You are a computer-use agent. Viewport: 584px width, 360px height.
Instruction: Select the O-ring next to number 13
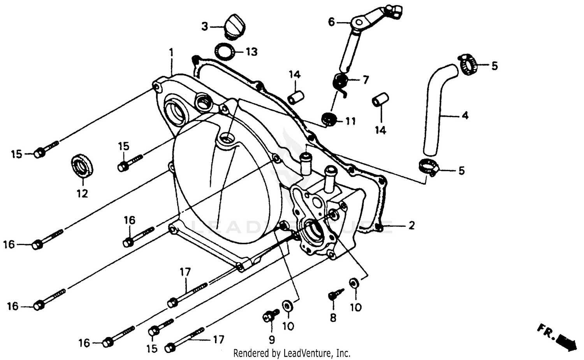tap(225, 51)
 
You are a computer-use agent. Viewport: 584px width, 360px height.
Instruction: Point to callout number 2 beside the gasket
tap(411, 225)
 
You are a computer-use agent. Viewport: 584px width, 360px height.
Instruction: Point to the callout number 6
tap(331, 22)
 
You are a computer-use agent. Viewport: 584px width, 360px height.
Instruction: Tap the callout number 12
tap(82, 193)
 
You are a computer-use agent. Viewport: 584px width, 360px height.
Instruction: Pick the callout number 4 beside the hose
tap(464, 115)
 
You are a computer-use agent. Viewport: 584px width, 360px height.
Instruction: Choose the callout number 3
tap(205, 26)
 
